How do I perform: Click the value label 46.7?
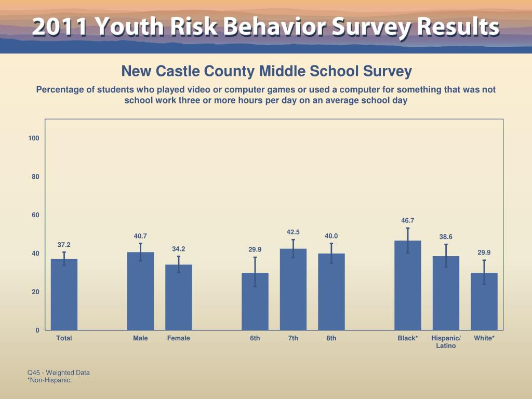click(408, 220)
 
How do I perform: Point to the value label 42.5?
click(293, 232)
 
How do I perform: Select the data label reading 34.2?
click(179, 249)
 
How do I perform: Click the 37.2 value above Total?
click(64, 244)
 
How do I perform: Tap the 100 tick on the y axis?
click(34, 138)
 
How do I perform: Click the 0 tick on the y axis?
click(37, 330)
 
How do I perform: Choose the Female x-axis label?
click(179, 338)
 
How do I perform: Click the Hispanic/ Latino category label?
click(446, 342)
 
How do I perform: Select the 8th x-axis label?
click(331, 338)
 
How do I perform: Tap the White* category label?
click(484, 338)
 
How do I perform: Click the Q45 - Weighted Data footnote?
click(59, 373)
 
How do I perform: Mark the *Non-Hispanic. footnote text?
click(49, 380)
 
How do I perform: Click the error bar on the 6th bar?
click(255, 272)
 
